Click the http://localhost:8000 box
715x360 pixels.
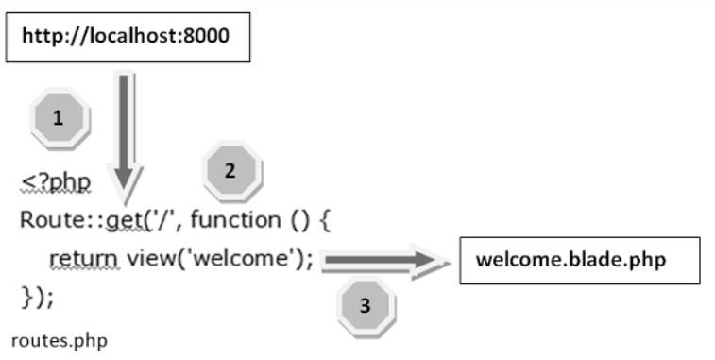pos(128,38)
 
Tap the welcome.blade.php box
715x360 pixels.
pos(579,260)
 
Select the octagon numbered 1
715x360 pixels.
pos(59,118)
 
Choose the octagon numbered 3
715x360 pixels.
pos(366,305)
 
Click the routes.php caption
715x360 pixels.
pos(59,339)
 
